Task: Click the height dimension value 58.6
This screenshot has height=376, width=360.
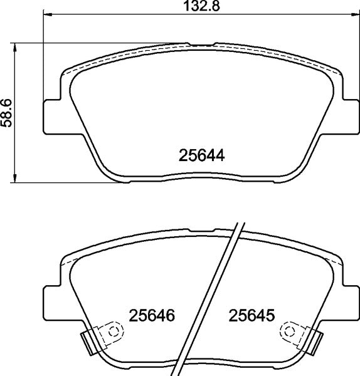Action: click(x=7, y=113)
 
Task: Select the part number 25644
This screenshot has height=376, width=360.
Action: click(x=202, y=155)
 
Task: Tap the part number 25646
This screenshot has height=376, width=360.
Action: click(x=151, y=315)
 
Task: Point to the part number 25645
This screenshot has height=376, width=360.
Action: click(x=253, y=315)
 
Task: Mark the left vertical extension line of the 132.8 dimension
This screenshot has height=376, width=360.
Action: click(x=43, y=56)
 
